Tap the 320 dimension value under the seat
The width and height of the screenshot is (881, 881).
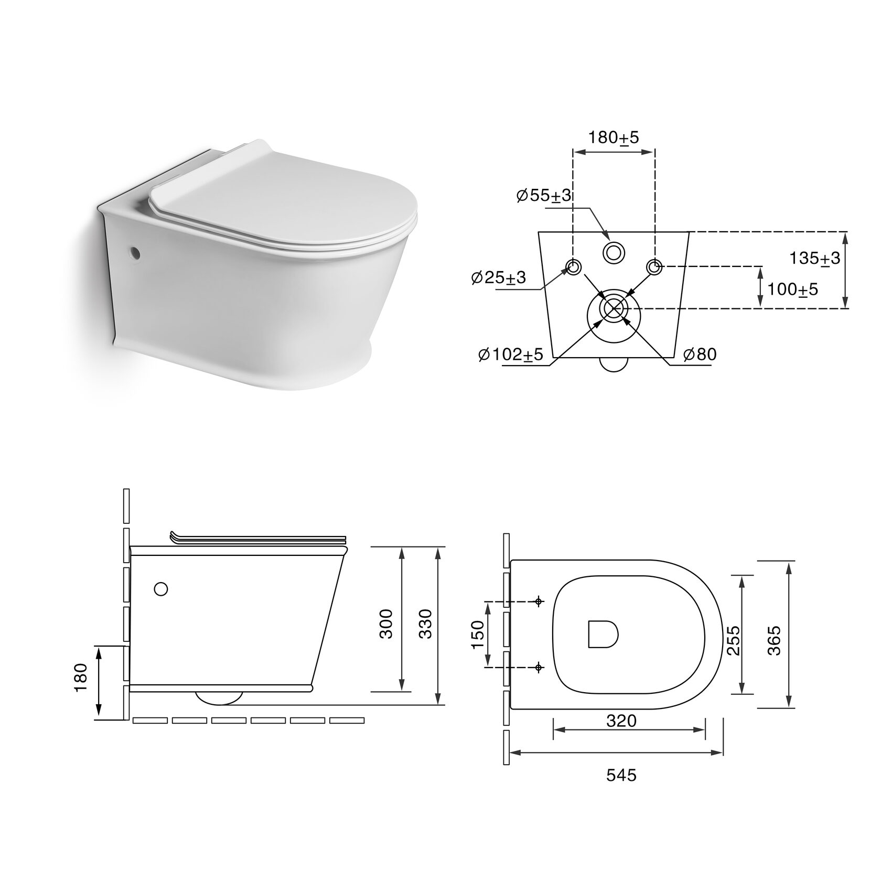click(621, 721)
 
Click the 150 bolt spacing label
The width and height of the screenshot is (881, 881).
click(478, 634)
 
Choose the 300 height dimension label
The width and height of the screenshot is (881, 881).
click(386, 624)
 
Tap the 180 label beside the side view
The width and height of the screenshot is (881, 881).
click(81, 678)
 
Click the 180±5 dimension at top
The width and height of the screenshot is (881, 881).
click(614, 138)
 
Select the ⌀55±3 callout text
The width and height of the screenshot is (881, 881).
click(544, 196)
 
